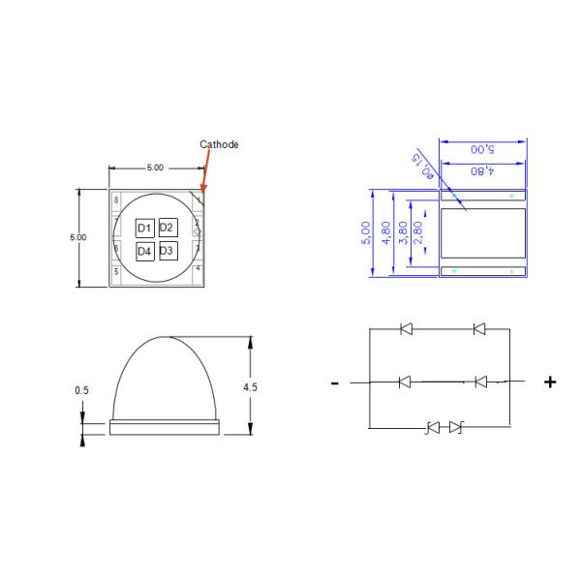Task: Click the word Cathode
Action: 219,144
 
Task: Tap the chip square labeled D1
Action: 143,228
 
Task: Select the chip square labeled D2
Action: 167,228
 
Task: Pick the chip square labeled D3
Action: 167,251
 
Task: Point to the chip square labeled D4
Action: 143,251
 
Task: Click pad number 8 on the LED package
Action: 116,200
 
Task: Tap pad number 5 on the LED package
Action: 116,272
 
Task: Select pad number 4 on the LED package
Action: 198,267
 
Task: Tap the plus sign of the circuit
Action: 551,382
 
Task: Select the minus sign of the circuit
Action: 335,383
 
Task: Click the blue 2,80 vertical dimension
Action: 417,233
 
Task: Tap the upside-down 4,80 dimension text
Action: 482,170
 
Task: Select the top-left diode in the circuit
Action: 405,329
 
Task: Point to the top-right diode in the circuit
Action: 478,329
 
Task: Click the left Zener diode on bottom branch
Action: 434,426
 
